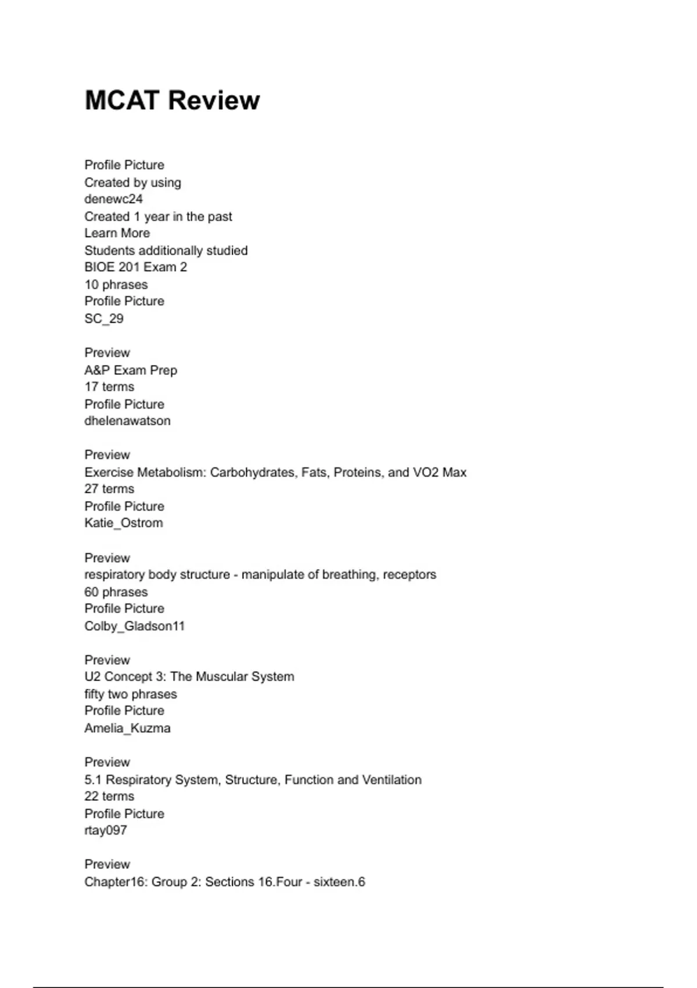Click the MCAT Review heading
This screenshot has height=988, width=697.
(172, 100)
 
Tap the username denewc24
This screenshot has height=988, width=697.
(113, 199)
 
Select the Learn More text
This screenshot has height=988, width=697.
(117, 233)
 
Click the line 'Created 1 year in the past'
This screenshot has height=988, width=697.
(158, 216)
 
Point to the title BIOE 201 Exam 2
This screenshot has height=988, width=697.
(135, 267)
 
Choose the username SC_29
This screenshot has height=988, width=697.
(104, 318)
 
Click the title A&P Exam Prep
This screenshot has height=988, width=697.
(131, 370)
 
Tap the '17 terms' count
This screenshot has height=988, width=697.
(109, 387)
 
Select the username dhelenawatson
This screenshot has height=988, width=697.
(127, 421)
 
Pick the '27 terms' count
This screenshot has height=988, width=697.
(109, 489)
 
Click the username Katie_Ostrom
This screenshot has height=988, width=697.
(124, 523)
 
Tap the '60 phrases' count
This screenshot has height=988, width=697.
(116, 592)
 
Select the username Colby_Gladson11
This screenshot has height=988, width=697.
(134, 626)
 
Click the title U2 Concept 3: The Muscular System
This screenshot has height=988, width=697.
(189, 676)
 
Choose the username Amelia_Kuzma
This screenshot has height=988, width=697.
(127, 728)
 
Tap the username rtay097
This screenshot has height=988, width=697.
(106, 831)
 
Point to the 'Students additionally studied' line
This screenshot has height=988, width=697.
(166, 250)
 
